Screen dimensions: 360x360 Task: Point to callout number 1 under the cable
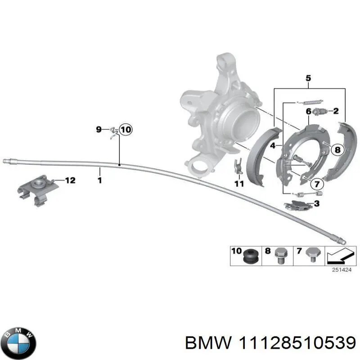click(x=99, y=180)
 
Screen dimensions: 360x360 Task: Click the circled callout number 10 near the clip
click(x=126, y=130)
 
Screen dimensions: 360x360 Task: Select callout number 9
click(x=99, y=130)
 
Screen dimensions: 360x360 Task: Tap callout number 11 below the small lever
click(x=239, y=184)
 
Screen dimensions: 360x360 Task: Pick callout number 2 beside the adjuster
click(x=335, y=111)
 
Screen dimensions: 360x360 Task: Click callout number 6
click(x=309, y=111)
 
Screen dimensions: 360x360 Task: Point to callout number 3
click(x=316, y=204)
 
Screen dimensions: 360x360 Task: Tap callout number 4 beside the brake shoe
click(x=273, y=145)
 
